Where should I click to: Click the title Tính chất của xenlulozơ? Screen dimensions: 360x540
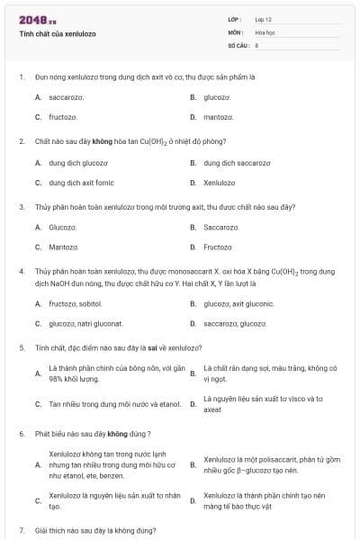(x=58, y=33)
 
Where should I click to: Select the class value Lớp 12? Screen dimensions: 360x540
(x=264, y=19)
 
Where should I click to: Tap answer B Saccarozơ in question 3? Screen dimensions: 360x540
(x=221, y=228)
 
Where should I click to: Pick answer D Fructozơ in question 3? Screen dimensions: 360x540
(x=218, y=247)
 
